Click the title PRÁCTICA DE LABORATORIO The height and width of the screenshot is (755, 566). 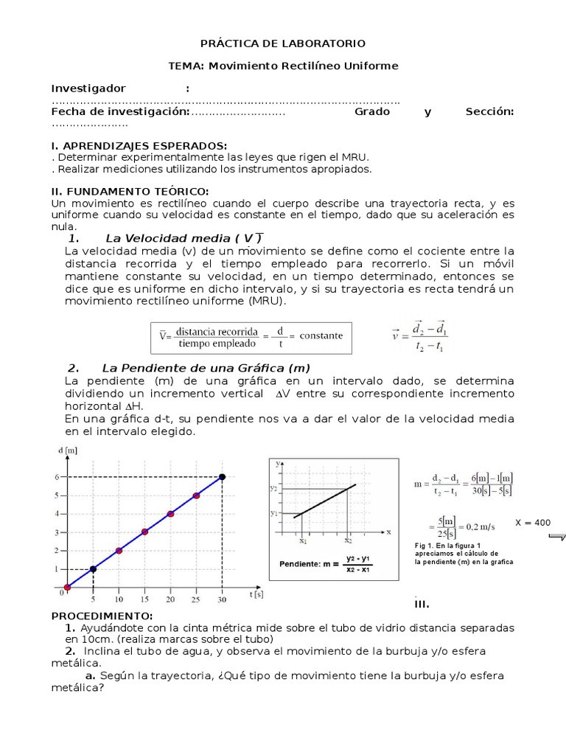[x=284, y=44]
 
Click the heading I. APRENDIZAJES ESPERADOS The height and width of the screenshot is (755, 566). [x=139, y=145]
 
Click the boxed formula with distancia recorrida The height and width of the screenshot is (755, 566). [x=251, y=336]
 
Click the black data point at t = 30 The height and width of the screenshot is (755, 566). [x=222, y=477]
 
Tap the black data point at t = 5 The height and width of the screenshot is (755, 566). [x=92, y=568]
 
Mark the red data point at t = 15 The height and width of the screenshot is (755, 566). [x=144, y=532]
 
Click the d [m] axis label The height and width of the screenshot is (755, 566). [x=67, y=450]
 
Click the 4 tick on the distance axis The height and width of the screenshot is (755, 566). [x=57, y=514]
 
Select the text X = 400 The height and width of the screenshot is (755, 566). [x=532, y=523]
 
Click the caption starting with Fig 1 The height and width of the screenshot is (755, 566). [x=464, y=553]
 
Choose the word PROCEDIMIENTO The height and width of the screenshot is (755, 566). [x=102, y=616]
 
